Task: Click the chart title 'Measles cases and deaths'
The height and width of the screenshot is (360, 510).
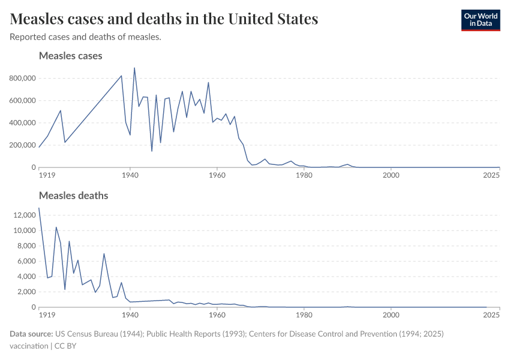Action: (x=164, y=19)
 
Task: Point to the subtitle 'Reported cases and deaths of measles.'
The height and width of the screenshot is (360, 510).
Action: (x=85, y=37)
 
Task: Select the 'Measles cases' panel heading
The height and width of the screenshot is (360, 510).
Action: (x=70, y=56)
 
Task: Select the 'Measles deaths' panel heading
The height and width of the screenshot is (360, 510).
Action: (x=73, y=196)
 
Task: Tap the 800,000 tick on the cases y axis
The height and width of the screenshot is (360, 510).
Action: (x=22, y=78)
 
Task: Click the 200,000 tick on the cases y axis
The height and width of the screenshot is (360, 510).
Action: (x=22, y=145)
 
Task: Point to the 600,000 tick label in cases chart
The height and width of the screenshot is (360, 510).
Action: (x=22, y=100)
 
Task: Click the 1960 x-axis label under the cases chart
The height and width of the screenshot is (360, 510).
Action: (x=217, y=175)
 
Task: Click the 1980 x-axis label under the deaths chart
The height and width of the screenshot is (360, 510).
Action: (x=304, y=315)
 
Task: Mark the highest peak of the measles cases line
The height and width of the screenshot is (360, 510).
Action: (x=134, y=68)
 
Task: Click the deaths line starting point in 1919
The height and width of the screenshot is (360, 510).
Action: (x=39, y=208)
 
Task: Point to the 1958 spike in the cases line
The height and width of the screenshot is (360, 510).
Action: (x=208, y=82)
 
